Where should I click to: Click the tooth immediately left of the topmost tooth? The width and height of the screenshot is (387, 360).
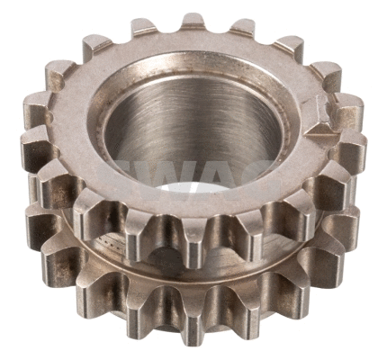[144, 30]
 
